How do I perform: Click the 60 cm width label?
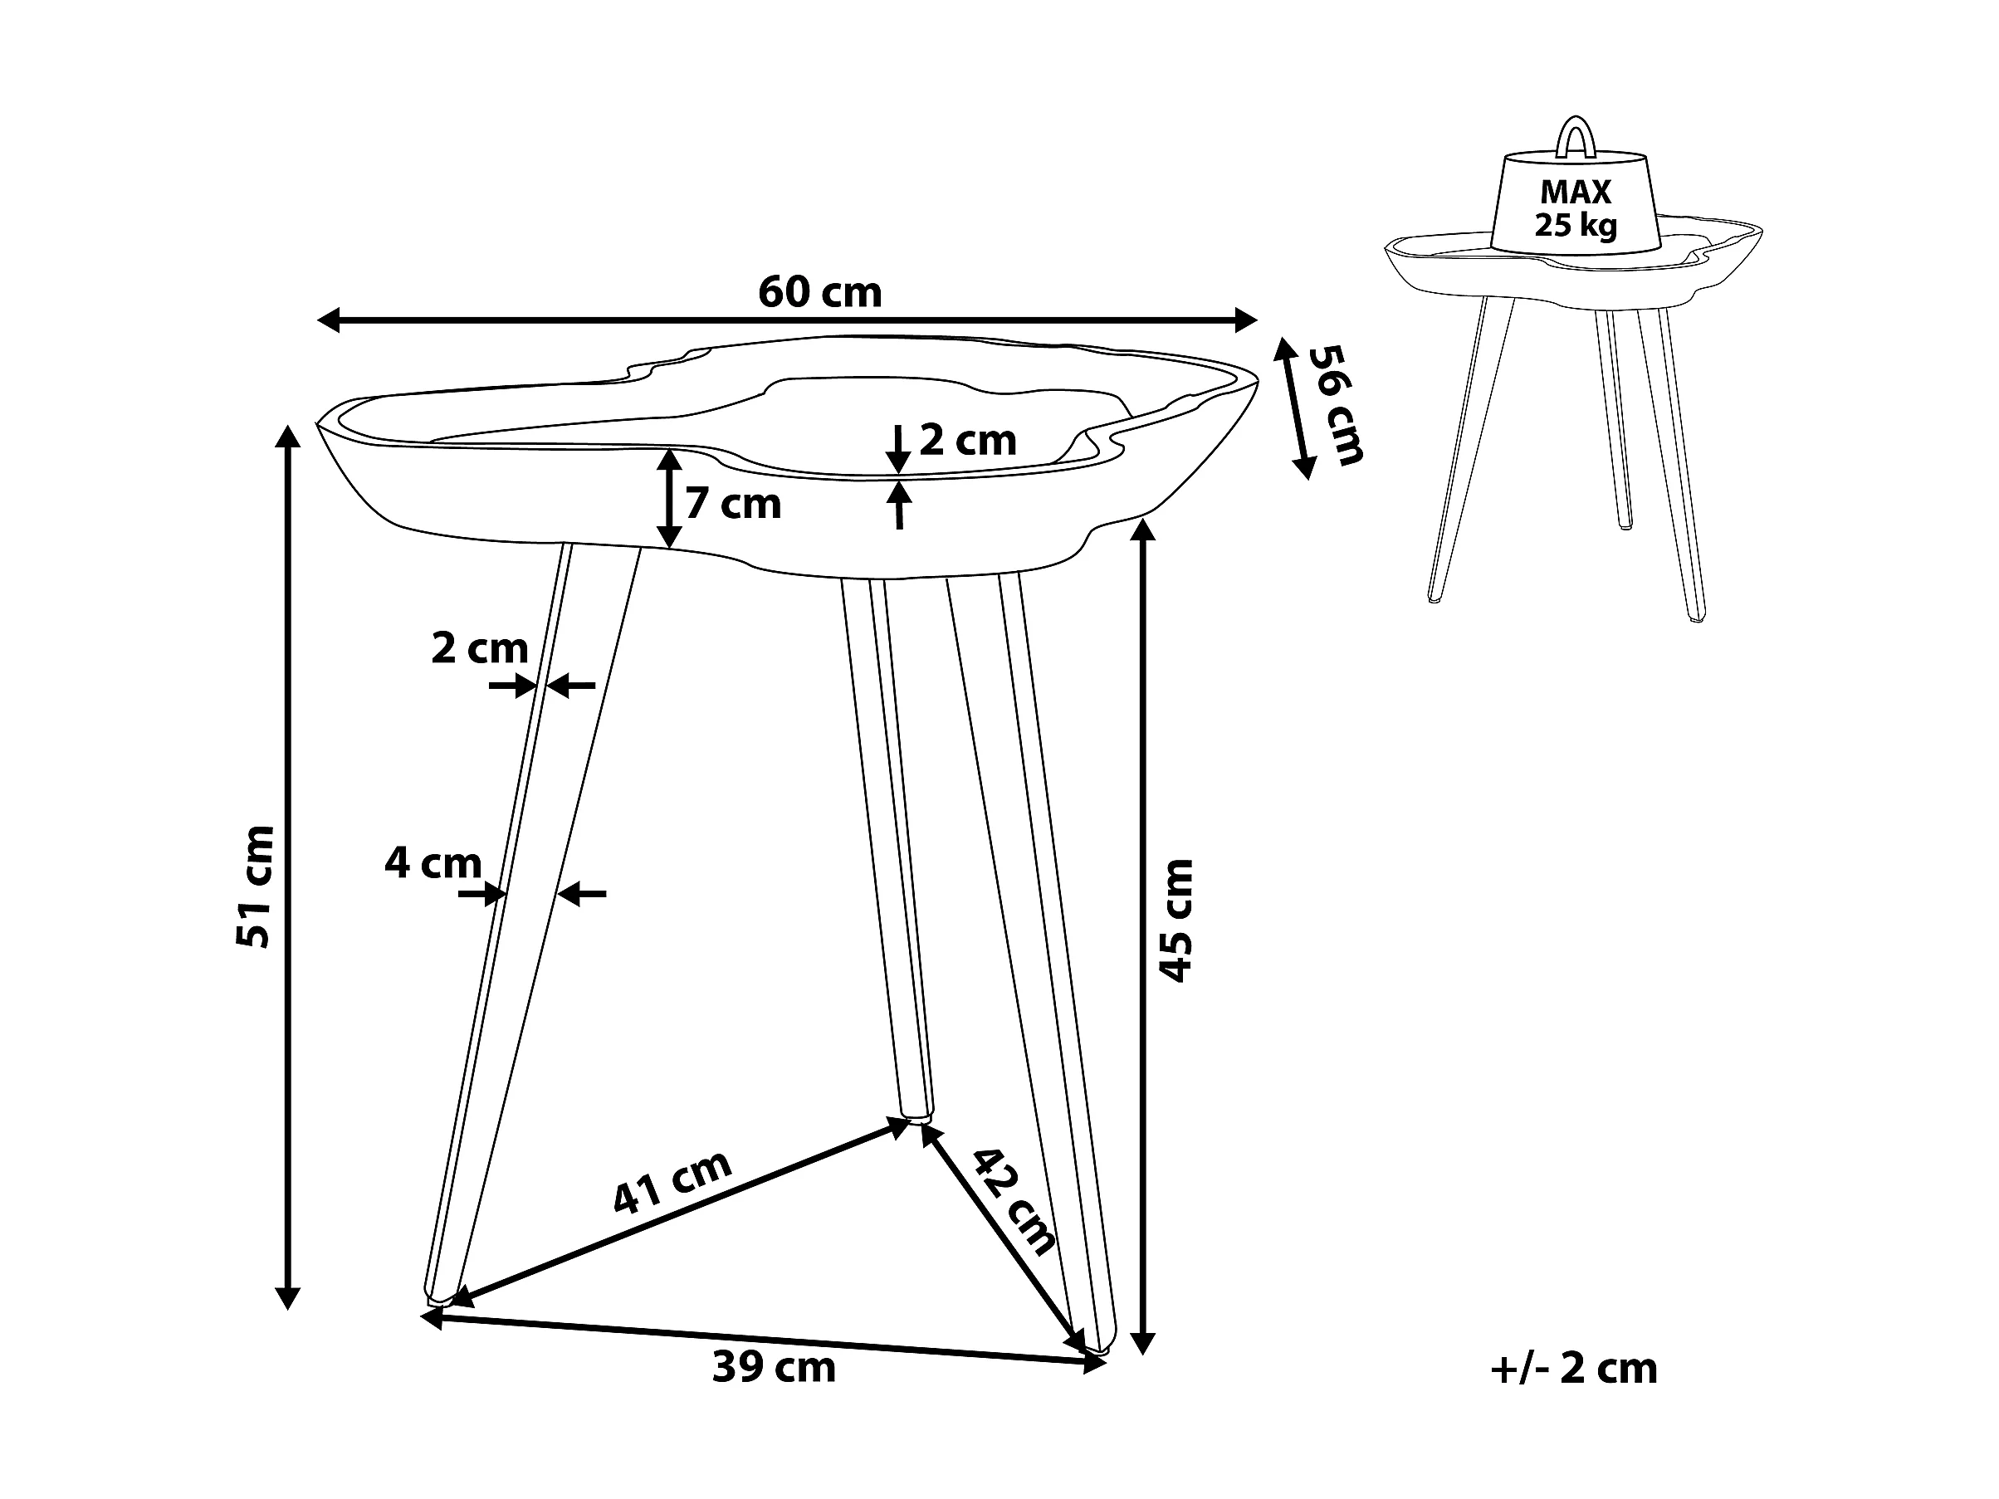pos(819,292)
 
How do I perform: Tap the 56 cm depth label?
pos(1336,405)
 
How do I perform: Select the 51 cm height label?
pos(254,886)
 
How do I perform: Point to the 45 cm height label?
pos(1175,920)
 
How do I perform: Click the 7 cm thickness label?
pos(732,503)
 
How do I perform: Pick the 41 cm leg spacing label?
pos(672,1182)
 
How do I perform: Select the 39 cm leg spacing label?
pos(774,1367)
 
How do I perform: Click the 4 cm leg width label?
pos(433,863)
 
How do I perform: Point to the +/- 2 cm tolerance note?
pos(1573,1368)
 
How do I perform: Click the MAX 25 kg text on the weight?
pos(1575,208)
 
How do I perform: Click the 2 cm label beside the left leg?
pos(479,648)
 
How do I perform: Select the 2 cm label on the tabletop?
pos(967,441)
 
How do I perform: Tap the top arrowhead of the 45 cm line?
pos(1143,530)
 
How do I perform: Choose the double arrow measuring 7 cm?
pos(669,498)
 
